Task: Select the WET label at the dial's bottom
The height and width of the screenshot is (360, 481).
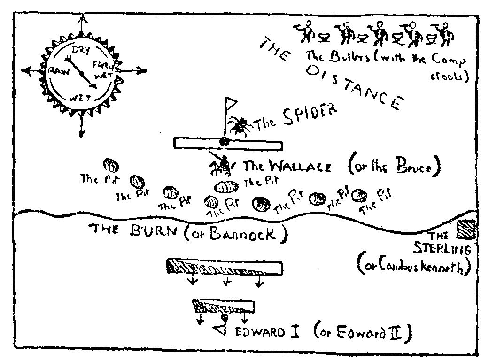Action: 79,98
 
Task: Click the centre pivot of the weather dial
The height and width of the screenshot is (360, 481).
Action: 81,74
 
